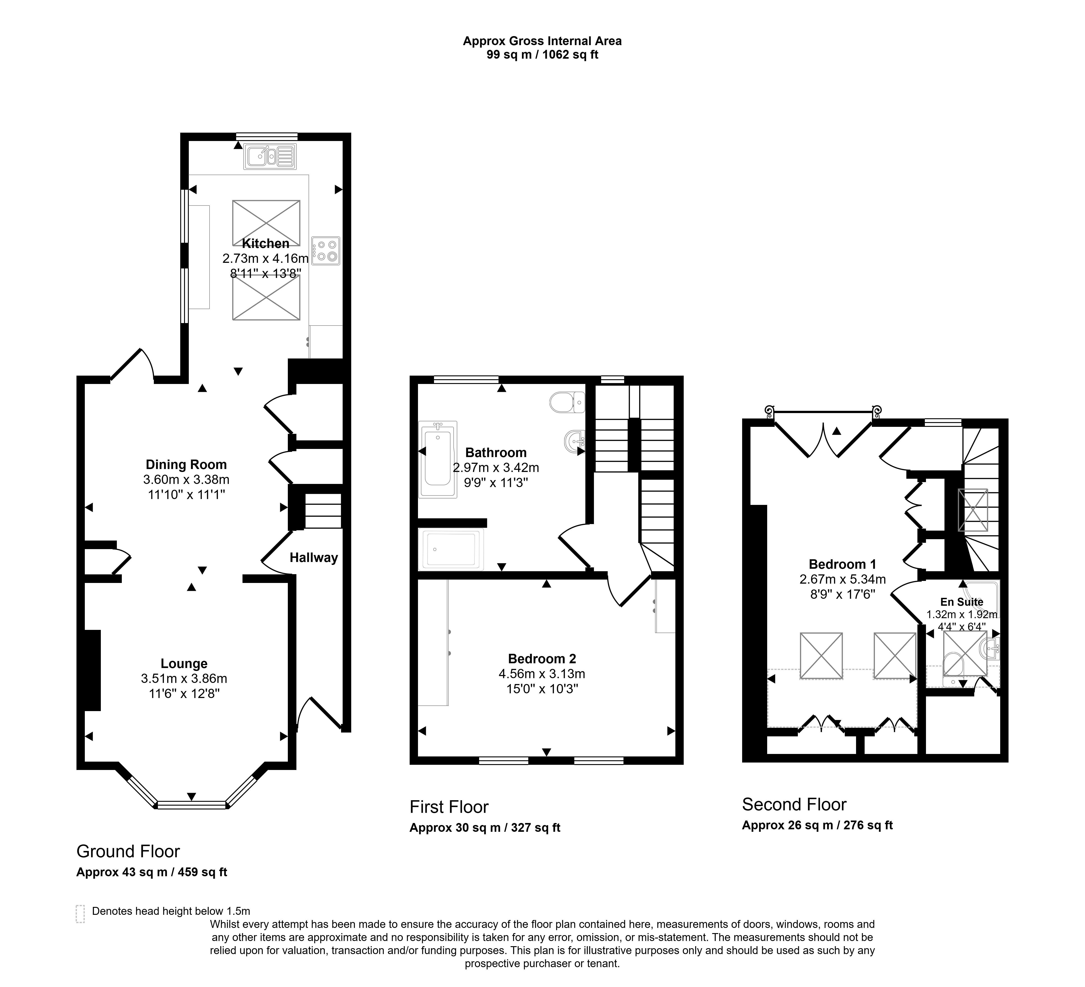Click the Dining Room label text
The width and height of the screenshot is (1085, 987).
point(186,465)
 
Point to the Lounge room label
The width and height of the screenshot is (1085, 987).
point(184,663)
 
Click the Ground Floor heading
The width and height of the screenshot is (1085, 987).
point(128,851)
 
